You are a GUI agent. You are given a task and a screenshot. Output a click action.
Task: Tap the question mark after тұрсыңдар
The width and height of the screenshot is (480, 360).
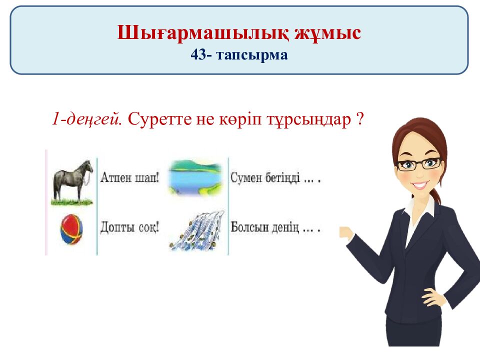pyautogui.click(x=359, y=120)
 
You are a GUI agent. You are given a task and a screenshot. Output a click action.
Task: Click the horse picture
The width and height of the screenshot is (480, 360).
pyautogui.click(x=72, y=181)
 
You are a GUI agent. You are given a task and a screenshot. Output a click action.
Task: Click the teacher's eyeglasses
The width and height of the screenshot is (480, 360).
pyautogui.click(x=418, y=163)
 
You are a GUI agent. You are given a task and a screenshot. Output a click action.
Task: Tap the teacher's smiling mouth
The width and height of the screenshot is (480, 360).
pyautogui.click(x=419, y=184)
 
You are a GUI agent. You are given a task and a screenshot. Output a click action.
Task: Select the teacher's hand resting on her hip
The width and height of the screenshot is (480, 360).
pyautogui.click(x=434, y=298)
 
